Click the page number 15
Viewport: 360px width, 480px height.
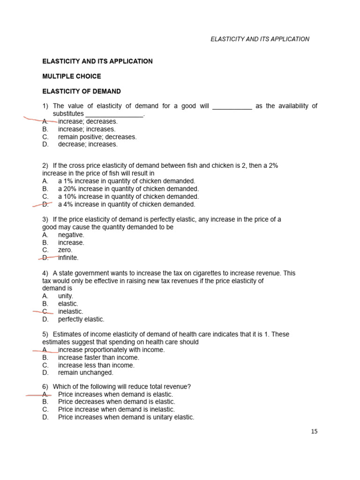(x=314, y=432)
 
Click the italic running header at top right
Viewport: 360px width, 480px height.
(x=260, y=39)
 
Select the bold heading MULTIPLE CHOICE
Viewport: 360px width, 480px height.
(x=71, y=76)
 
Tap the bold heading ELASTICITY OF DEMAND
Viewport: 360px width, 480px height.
(x=81, y=91)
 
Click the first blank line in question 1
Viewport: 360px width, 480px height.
(x=232, y=107)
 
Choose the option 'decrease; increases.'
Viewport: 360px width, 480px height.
(x=88, y=144)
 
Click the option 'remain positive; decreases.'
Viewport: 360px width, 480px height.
(x=97, y=137)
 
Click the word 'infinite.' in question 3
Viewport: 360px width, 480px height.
(x=68, y=258)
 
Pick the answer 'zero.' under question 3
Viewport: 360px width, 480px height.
(x=65, y=250)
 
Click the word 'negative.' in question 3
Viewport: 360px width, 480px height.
(x=71, y=235)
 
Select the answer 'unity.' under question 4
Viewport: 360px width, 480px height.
(x=66, y=296)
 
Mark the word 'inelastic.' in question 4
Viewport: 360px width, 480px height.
(x=70, y=311)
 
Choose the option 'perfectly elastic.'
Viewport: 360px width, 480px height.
(x=81, y=319)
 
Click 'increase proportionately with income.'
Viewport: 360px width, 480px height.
(x=111, y=350)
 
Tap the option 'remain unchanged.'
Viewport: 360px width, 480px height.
(x=85, y=373)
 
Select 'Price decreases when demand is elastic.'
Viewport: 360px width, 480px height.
(x=116, y=402)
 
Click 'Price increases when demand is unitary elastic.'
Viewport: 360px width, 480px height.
(x=126, y=417)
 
